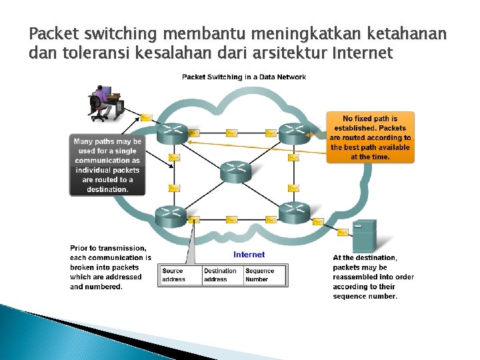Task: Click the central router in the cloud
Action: (234, 172)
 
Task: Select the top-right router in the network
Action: (294, 133)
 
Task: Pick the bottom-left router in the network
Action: (170, 215)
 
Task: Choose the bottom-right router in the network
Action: (294, 212)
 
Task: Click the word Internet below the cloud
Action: (249, 255)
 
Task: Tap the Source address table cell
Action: (181, 275)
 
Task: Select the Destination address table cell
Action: (221, 275)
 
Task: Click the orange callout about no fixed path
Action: (370, 137)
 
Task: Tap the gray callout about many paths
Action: (107, 165)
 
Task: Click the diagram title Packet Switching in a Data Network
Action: (244, 77)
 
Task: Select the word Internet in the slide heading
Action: (361, 53)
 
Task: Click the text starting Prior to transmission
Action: (111, 267)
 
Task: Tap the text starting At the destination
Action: (373, 277)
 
